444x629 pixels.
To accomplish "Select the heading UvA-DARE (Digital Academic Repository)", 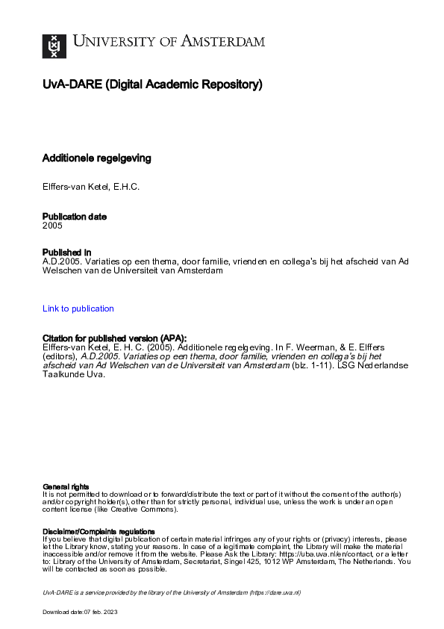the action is pyautogui.click(x=152, y=84).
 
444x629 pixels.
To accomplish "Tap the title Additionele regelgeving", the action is pyautogui.click(x=96, y=158).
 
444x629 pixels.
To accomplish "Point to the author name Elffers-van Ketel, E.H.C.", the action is pyautogui.click(x=91, y=187).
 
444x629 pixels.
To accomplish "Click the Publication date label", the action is pyautogui.click(x=75, y=217).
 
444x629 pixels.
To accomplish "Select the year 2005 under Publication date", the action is pyautogui.click(x=52, y=225).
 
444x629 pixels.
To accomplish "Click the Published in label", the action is pyautogui.click(x=66, y=252).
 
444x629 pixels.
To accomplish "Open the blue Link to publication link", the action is pyautogui.click(x=78, y=309).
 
